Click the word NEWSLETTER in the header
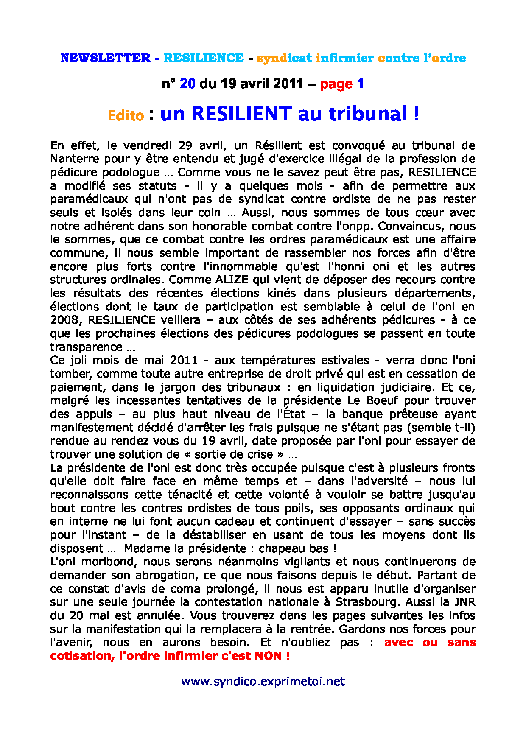(x=105, y=58)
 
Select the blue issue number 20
(x=187, y=84)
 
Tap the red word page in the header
(x=336, y=84)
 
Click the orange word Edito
(x=126, y=115)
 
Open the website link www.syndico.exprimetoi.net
(x=263, y=682)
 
